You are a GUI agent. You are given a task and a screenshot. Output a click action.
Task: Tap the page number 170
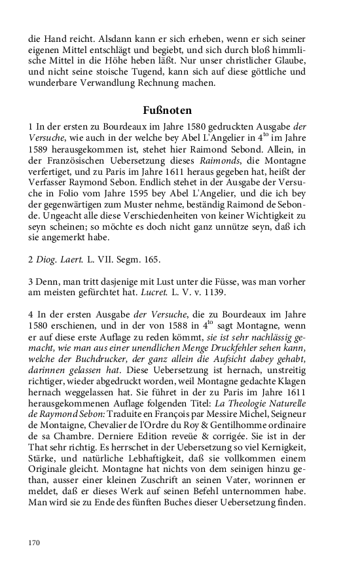click(x=35, y=543)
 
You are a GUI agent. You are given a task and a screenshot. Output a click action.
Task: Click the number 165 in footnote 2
click(x=151, y=260)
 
